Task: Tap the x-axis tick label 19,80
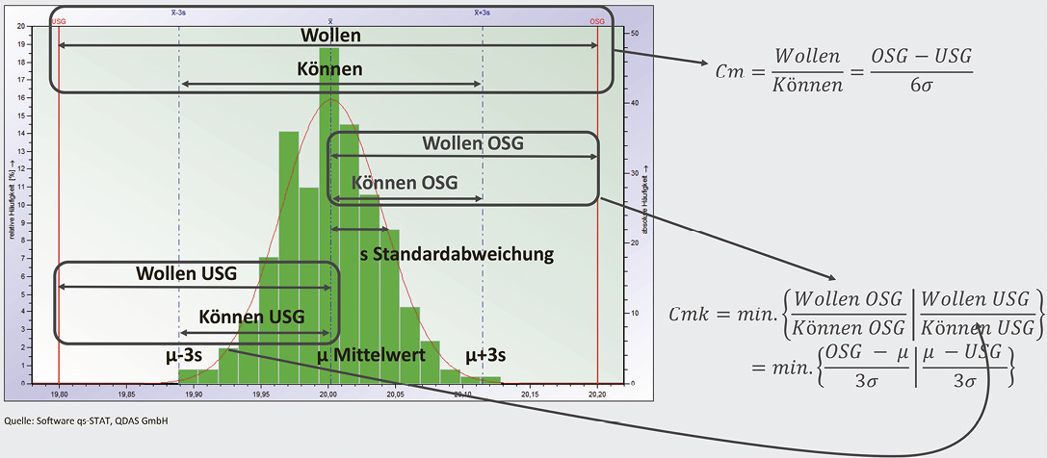point(59,393)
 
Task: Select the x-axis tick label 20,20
point(597,393)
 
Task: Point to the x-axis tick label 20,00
point(328,393)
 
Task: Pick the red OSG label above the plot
point(597,20)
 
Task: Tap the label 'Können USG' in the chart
point(251,317)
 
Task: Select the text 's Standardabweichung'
point(457,255)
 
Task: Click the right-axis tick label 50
point(634,34)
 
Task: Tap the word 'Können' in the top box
point(329,69)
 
